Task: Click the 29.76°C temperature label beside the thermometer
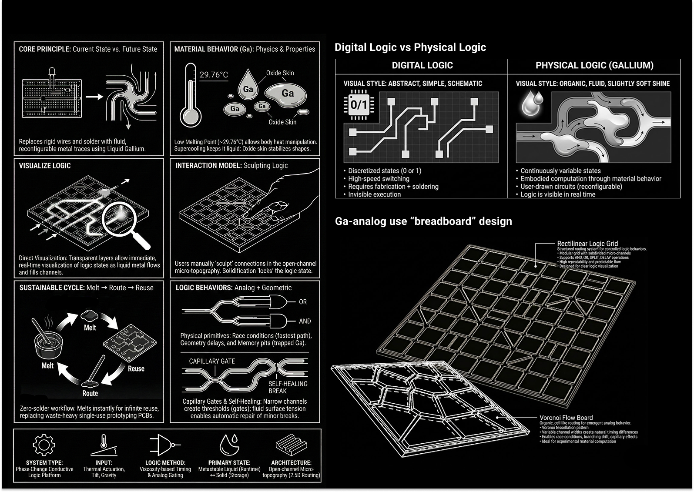pos(214,75)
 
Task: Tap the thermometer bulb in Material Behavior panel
pos(191,117)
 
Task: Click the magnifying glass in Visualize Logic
pos(125,224)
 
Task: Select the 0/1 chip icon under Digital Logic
pos(359,105)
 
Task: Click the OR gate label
pos(303,302)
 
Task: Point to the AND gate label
pos(305,321)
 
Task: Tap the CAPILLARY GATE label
pos(212,361)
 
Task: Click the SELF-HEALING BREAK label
pos(288,387)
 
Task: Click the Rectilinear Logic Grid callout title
pos(587,244)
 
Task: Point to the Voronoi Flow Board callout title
pos(566,417)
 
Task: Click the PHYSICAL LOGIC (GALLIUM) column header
pos(594,65)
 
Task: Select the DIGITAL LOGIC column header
pos(422,65)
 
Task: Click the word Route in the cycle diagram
pos(90,393)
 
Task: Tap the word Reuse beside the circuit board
pos(136,368)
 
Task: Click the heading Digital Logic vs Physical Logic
pos(410,47)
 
